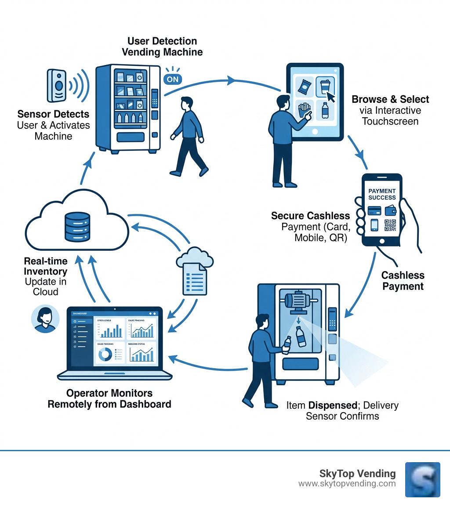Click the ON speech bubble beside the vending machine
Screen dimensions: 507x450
[x=173, y=79]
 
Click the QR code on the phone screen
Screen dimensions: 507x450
[x=390, y=225]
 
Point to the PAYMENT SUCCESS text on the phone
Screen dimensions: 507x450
[x=381, y=194]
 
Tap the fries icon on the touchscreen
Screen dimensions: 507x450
[x=304, y=109]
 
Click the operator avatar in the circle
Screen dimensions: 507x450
[x=45, y=319]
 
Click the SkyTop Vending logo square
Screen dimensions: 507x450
[x=422, y=479]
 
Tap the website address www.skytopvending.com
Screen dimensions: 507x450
[x=347, y=484]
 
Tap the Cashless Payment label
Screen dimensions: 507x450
[x=403, y=281]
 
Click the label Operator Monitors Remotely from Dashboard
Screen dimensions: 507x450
[x=109, y=398]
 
